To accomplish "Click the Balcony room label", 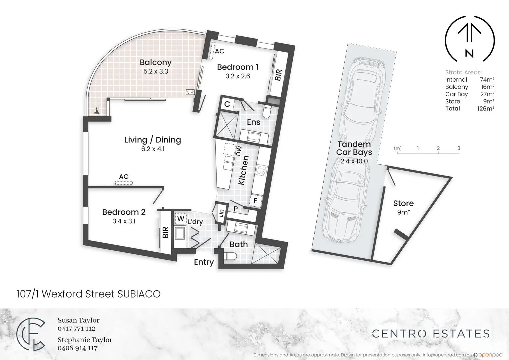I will point(155,62).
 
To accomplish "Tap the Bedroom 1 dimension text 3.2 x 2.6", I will point(237,76).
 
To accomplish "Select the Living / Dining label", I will point(153,140).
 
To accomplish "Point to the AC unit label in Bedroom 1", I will point(219,51).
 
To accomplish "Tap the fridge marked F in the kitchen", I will point(256,201).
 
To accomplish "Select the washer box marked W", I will point(181,219).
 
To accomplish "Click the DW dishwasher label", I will point(239,150).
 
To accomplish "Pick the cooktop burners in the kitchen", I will point(261,170).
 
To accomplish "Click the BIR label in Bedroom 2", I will point(165,232).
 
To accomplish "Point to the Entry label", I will point(204,262).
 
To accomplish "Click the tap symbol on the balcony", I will point(97,111).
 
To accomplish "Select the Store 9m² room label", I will point(403,207).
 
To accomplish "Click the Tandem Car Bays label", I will point(354,148).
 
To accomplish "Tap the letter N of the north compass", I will point(469,53).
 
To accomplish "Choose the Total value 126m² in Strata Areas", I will point(485,109).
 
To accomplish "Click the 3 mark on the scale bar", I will point(459,148).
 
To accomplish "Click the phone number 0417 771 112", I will point(76,329).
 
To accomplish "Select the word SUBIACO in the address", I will point(139,294).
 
